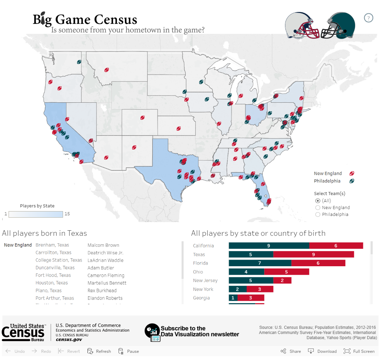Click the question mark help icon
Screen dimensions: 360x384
click(x=369, y=18)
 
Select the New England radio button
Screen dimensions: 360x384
click(x=318, y=208)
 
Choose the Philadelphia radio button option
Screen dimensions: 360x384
click(x=318, y=215)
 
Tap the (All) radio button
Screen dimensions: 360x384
click(x=318, y=201)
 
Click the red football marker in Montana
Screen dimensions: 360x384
click(x=106, y=70)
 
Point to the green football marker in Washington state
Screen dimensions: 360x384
click(x=79, y=62)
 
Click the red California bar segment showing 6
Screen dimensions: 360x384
click(x=336, y=246)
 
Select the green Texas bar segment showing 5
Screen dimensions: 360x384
click(x=251, y=255)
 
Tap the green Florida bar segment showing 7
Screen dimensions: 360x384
click(x=260, y=263)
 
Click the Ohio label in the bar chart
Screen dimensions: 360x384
click(x=198, y=272)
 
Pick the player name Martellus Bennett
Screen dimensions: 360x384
click(x=107, y=283)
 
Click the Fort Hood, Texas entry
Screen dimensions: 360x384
click(x=53, y=275)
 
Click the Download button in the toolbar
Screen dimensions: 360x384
click(x=322, y=351)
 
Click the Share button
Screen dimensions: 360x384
click(x=291, y=351)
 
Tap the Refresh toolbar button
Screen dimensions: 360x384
click(x=99, y=351)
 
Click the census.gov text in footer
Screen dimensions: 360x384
click(x=69, y=339)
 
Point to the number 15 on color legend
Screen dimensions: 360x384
click(x=67, y=214)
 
